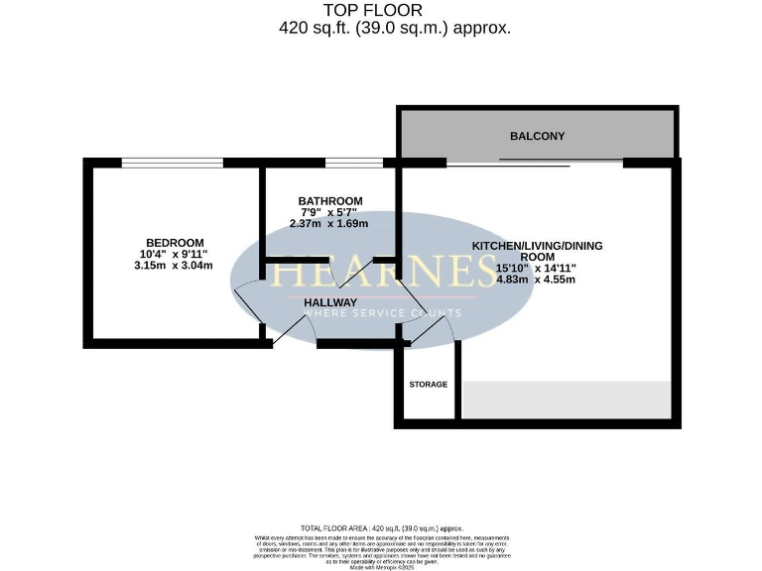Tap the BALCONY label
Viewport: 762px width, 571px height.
(537, 136)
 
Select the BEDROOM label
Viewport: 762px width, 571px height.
(175, 243)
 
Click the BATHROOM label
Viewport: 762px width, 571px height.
(330, 201)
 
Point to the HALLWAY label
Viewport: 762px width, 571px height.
(330, 302)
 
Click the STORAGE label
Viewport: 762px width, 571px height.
(429, 384)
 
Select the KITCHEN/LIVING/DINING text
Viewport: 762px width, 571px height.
(537, 246)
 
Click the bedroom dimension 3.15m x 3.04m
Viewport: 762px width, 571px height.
(175, 266)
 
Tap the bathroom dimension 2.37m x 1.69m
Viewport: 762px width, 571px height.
(328, 224)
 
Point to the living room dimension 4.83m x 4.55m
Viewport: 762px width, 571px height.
(536, 280)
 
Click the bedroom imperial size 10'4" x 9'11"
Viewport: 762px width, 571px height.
(175, 255)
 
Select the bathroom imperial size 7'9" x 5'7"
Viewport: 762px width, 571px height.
(330, 212)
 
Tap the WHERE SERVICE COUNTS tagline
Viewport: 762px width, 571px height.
(381, 313)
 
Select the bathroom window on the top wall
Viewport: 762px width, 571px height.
(353, 163)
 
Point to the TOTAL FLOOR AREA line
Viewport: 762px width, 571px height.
(381, 528)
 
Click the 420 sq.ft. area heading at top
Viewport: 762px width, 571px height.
(395, 28)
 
